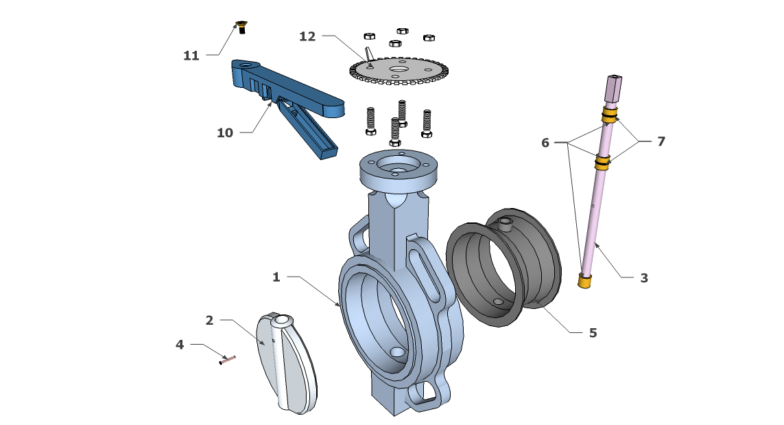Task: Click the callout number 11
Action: click(x=191, y=56)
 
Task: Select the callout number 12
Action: click(x=307, y=36)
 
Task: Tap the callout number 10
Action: click(x=225, y=133)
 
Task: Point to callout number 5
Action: click(x=593, y=332)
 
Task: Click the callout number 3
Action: click(x=644, y=277)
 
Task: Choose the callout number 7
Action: click(x=661, y=141)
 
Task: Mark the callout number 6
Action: click(x=545, y=143)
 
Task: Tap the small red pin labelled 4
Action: click(x=228, y=359)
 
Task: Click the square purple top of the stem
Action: click(x=613, y=88)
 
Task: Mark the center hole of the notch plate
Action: click(x=398, y=69)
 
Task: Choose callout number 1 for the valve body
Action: click(x=276, y=277)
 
